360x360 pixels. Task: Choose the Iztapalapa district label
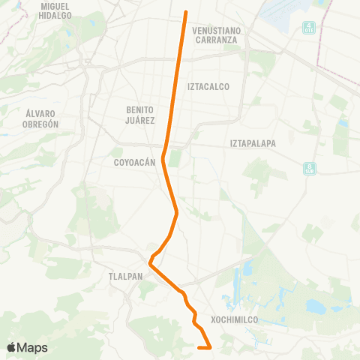pyautogui.click(x=253, y=142)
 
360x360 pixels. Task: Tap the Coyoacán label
pyautogui.click(x=133, y=162)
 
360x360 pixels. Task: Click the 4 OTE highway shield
pyautogui.click(x=310, y=28)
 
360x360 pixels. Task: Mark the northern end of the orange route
pyautogui.click(x=185, y=12)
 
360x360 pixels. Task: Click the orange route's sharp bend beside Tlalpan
pyautogui.click(x=151, y=263)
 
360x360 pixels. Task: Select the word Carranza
pyautogui.click(x=215, y=39)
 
